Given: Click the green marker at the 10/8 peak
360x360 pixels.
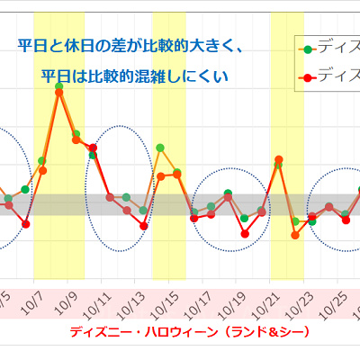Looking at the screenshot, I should [x=58, y=87].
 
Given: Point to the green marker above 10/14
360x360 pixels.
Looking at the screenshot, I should [x=160, y=148].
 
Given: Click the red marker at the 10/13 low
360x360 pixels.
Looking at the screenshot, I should [x=143, y=226].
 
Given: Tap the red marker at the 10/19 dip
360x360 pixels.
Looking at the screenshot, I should [x=245, y=233].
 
